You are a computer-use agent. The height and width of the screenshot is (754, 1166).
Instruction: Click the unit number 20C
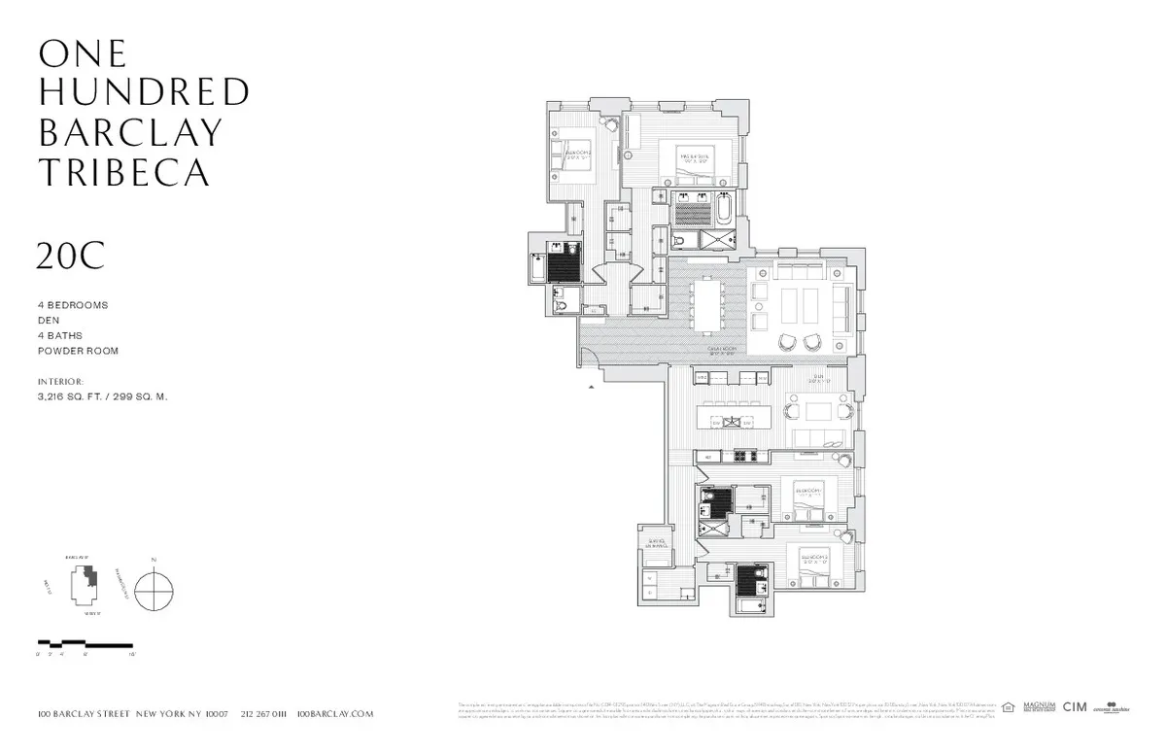pyautogui.click(x=70, y=256)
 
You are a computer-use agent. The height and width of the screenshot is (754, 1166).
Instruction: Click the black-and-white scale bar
pyautogui.click(x=85, y=643)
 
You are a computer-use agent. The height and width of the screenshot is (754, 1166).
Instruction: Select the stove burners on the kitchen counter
pyautogui.click(x=744, y=456)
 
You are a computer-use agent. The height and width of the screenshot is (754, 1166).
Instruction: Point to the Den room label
pyautogui.click(x=819, y=380)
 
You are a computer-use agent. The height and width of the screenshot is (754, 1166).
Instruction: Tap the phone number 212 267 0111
pyautogui.click(x=262, y=713)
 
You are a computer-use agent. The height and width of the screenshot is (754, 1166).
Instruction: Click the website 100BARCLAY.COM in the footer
pyautogui.click(x=334, y=713)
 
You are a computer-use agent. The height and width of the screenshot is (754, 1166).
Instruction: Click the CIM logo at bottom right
pyautogui.click(x=1075, y=707)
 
